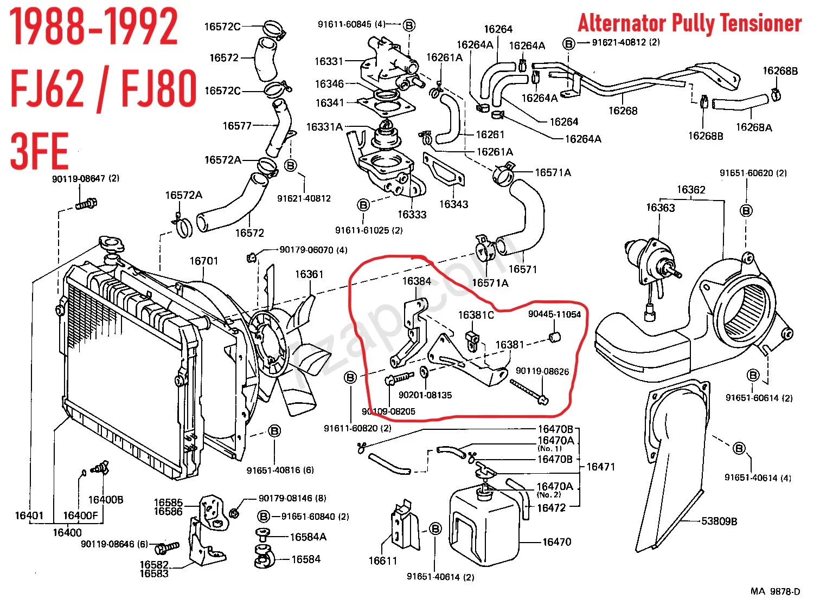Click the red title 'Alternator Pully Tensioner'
point(689,23)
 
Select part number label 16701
point(203,261)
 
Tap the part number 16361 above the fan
point(309,274)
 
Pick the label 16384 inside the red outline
point(417,281)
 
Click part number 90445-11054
point(554,314)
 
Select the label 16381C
point(476,315)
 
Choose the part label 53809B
point(719,521)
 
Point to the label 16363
point(660,208)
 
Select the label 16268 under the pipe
point(623,111)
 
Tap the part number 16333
point(412,215)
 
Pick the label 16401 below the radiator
point(29,515)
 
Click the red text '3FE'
point(39,151)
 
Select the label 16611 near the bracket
point(383,561)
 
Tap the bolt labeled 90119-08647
point(86,205)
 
